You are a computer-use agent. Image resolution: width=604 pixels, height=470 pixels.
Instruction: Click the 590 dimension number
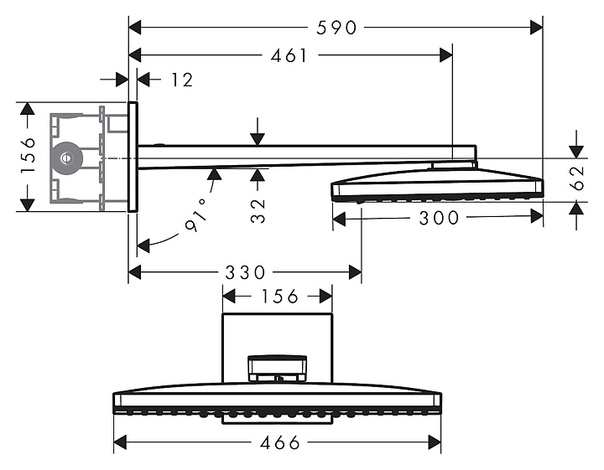(336, 28)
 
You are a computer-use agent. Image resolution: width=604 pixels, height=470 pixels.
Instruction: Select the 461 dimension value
(289, 56)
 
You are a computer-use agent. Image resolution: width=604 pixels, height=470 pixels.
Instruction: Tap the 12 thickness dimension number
(182, 80)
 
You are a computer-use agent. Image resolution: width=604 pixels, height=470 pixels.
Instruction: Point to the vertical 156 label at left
(29, 156)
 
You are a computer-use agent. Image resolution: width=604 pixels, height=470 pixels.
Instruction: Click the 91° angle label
(195, 216)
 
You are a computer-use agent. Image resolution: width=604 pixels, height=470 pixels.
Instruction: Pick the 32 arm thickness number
(258, 211)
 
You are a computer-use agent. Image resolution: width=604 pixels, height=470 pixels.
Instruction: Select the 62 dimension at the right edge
(576, 178)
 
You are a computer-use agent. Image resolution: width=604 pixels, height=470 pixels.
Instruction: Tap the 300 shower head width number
(439, 218)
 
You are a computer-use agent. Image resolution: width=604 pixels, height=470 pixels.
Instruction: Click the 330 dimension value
(245, 272)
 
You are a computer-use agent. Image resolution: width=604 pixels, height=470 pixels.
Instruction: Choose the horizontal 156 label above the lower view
(279, 297)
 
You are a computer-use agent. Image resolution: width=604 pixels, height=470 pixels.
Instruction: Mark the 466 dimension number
(280, 442)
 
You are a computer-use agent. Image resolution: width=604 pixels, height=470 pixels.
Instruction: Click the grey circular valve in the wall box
(66, 158)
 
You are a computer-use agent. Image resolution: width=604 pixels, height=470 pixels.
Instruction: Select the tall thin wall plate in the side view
(133, 157)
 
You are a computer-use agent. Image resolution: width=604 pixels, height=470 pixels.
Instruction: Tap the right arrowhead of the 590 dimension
(536, 28)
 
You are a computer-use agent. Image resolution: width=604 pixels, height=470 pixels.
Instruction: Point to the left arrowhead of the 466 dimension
(120, 442)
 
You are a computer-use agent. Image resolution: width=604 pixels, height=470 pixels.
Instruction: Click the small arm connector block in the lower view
(278, 369)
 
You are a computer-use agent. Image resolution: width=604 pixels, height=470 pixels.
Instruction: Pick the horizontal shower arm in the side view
(307, 156)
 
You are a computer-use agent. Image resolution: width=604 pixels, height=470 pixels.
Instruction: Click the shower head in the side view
(438, 183)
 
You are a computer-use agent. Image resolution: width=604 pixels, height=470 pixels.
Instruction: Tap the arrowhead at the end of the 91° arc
(143, 245)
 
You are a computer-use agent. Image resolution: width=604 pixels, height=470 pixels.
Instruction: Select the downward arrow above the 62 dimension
(576, 144)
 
